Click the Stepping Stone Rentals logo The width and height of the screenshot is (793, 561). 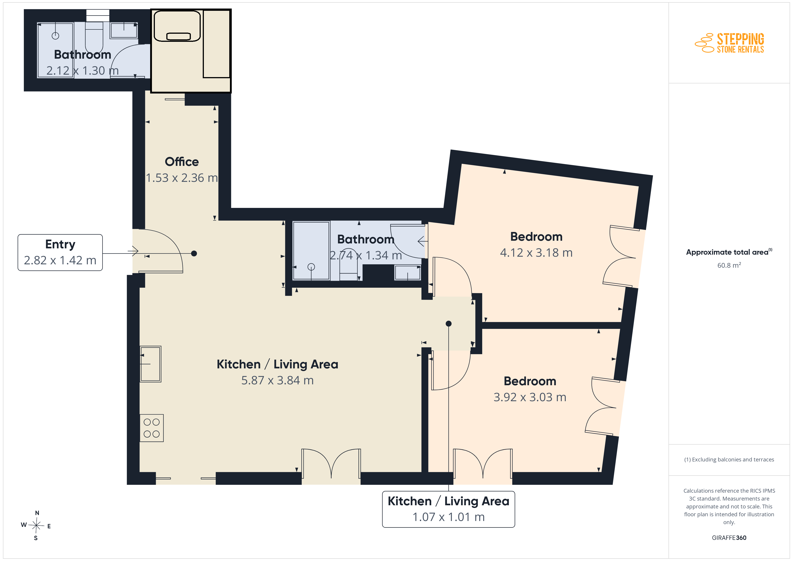click(x=729, y=43)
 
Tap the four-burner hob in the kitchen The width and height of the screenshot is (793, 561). click(x=152, y=428)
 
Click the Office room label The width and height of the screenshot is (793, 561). click(x=182, y=162)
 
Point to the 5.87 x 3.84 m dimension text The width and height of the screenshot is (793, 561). click(x=277, y=380)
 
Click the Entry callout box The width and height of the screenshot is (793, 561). click(x=60, y=253)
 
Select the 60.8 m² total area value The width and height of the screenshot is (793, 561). click(x=729, y=265)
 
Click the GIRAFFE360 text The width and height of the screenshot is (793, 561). click(x=729, y=538)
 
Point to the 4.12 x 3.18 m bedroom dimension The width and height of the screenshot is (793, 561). click(x=536, y=253)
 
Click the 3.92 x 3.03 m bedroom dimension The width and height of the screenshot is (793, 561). click(x=530, y=397)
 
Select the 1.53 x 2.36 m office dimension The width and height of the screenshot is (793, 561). click(x=182, y=178)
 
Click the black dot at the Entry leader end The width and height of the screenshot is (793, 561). click(x=194, y=254)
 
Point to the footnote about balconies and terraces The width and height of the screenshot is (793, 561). click(x=729, y=459)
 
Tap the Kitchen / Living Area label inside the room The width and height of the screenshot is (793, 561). click(x=277, y=364)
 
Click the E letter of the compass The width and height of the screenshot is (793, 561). click(x=49, y=526)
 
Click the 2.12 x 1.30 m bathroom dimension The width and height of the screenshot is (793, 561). click(x=82, y=71)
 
